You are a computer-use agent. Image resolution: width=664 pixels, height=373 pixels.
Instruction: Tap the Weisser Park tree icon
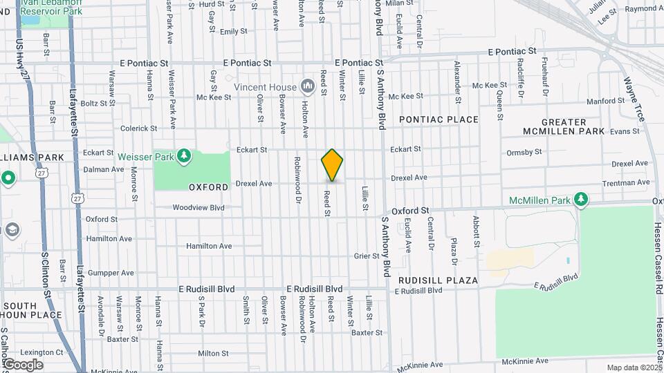(184, 155)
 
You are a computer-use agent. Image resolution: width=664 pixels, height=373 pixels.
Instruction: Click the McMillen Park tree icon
(582, 200)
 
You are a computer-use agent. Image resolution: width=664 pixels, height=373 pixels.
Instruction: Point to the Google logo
(23, 364)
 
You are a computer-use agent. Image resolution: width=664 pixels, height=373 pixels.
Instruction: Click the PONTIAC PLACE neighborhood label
(439, 119)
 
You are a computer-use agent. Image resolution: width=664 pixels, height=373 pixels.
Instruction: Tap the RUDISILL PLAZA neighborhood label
(438, 280)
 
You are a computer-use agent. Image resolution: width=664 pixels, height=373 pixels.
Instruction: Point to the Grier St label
(367, 256)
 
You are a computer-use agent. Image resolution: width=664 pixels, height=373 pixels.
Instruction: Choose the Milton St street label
(213, 353)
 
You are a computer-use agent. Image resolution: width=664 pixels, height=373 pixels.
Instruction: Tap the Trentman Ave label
(626, 183)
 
